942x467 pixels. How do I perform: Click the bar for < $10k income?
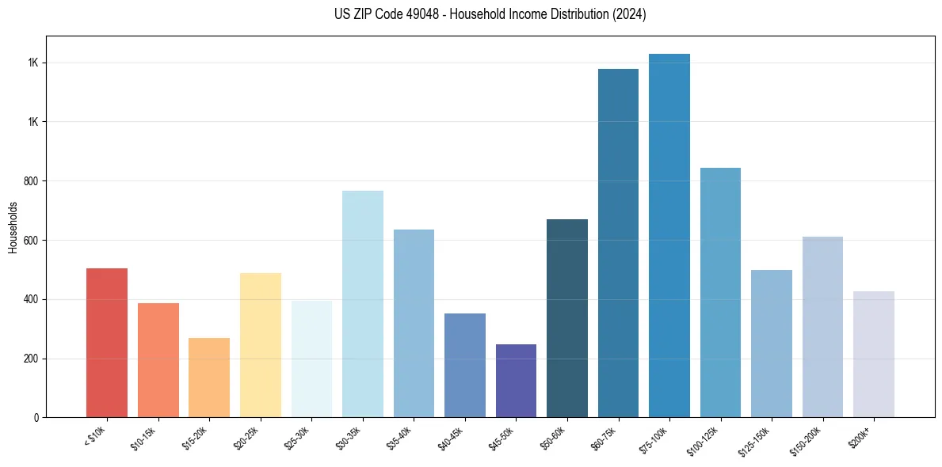[107, 343]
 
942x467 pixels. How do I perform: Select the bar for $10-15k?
[158, 360]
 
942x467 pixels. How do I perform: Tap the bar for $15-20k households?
[209, 378]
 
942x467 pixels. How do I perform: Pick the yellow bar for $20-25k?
[260, 345]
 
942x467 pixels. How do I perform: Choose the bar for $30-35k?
[362, 304]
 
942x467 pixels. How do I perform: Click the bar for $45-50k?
[516, 381]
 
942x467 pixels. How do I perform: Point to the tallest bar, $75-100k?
[669, 235]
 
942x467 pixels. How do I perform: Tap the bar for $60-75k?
[618, 243]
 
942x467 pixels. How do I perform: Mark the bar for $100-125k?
[720, 292]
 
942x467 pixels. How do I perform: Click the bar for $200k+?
[874, 354]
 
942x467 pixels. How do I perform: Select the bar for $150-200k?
[822, 327]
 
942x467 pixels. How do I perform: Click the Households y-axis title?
[13, 227]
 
